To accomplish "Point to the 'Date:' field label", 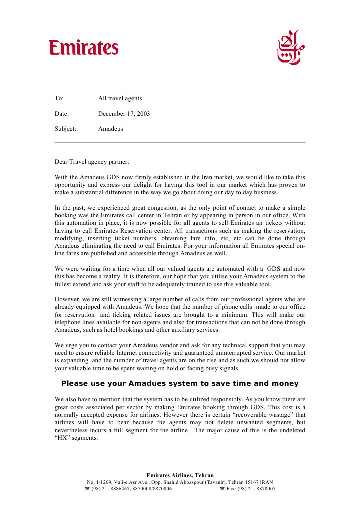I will [x=61, y=114].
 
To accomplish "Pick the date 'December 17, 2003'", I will [x=124, y=114].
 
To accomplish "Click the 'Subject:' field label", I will [x=65, y=129].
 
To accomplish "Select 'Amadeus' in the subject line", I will [x=110, y=129].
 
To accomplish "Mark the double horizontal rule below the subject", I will [x=180, y=142].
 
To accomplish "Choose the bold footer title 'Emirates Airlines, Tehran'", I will [x=180, y=475].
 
